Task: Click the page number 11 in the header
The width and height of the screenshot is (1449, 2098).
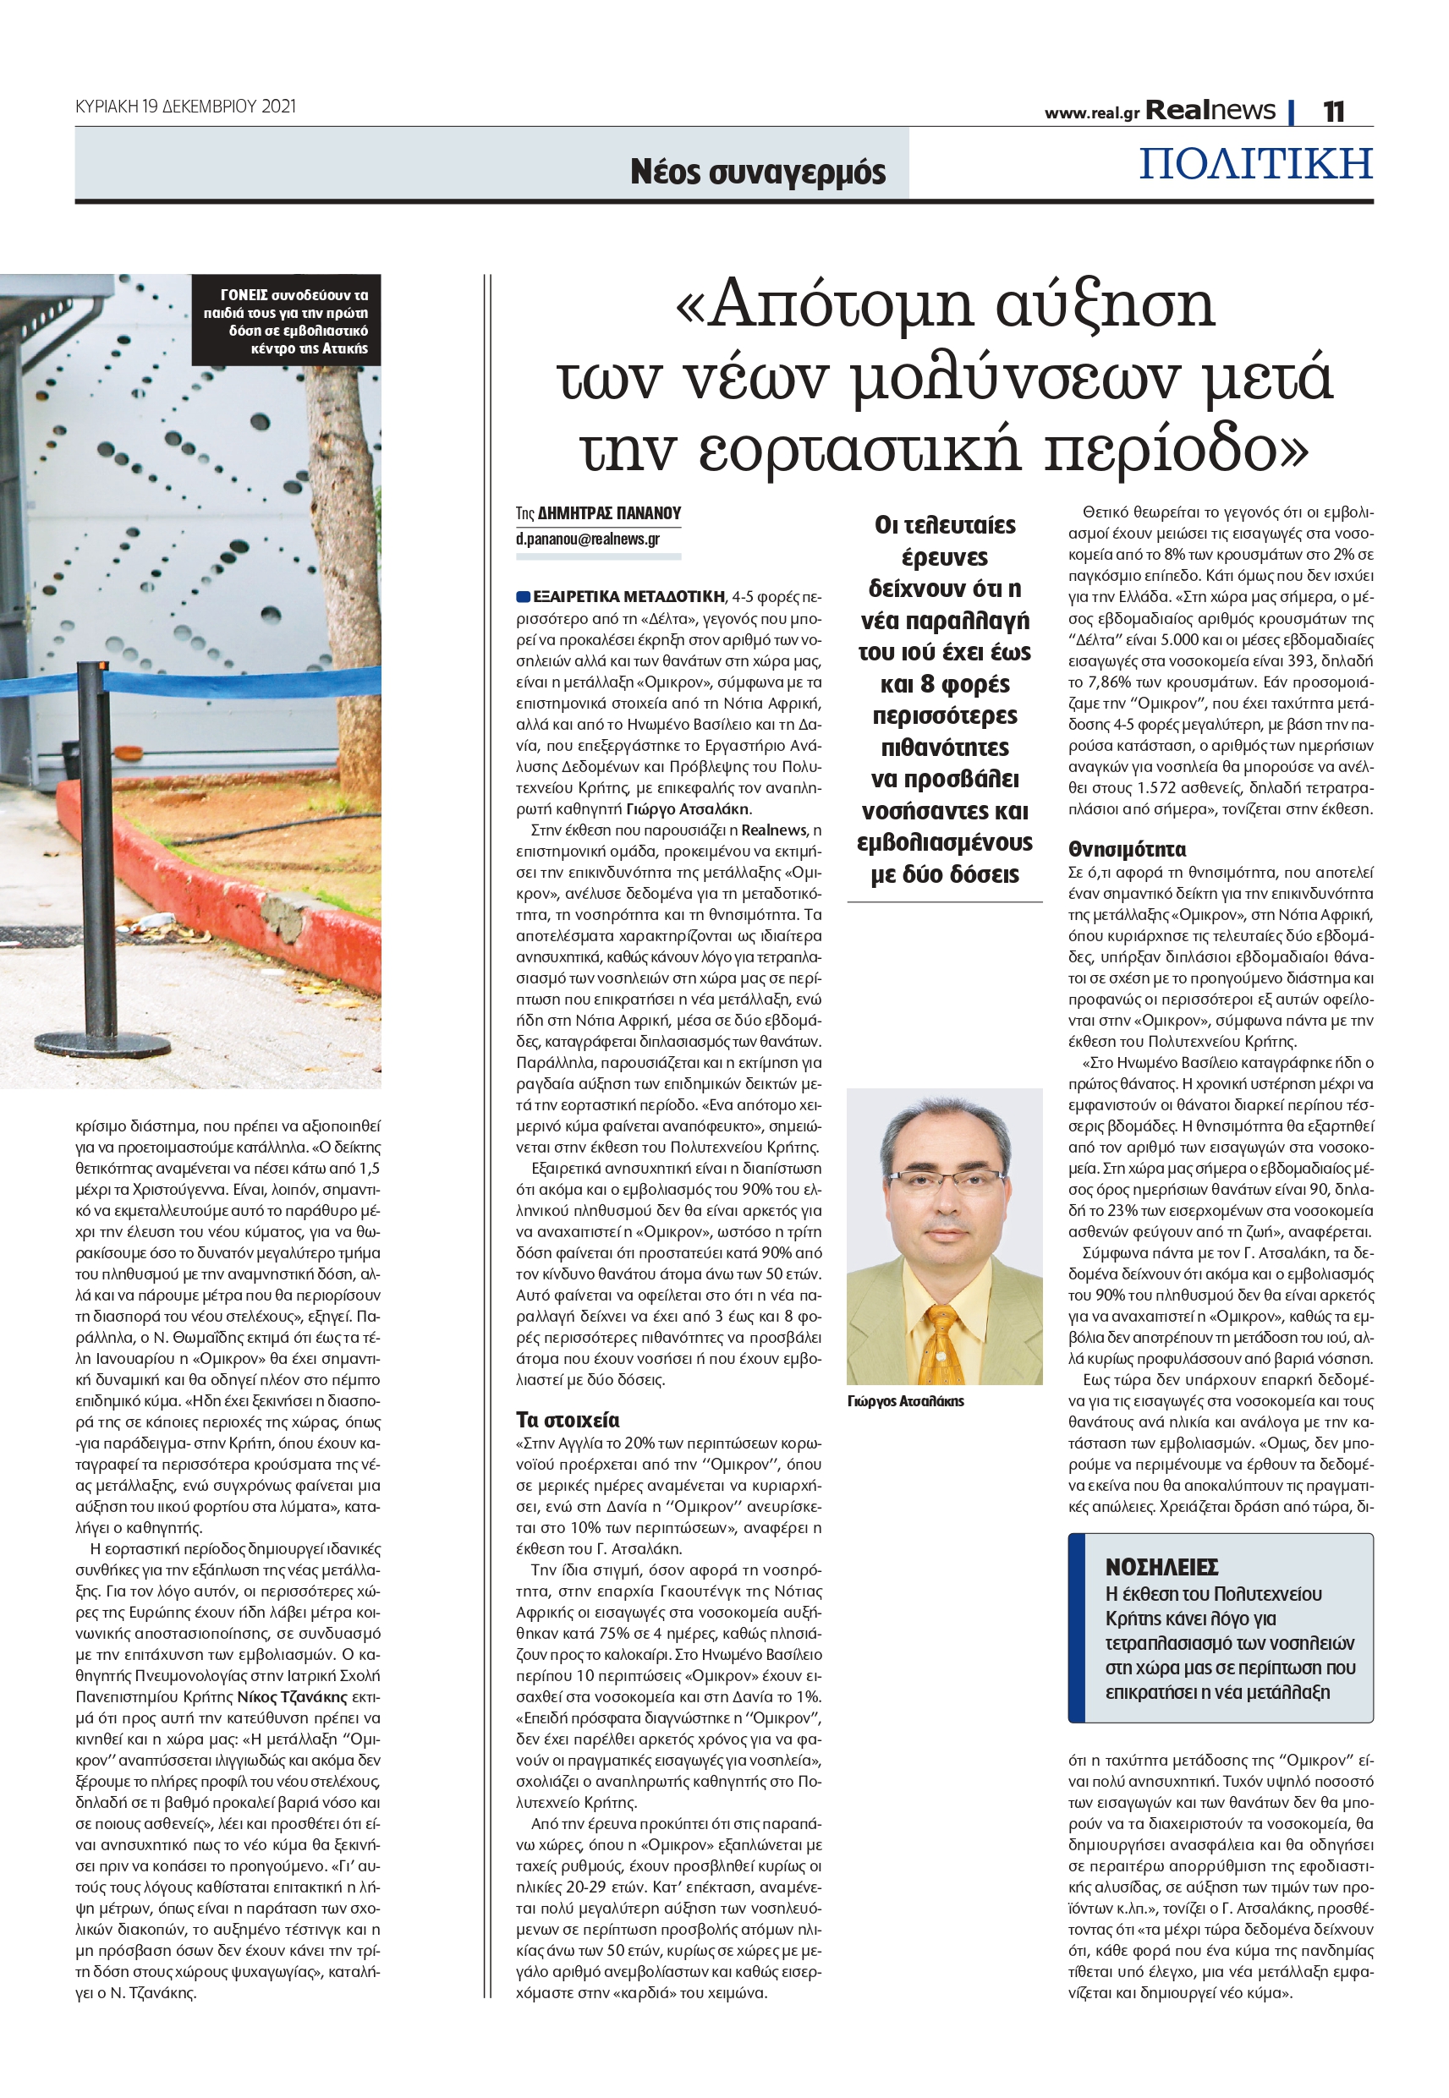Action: coord(1333,112)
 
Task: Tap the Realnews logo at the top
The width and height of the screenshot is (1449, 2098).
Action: coord(1210,111)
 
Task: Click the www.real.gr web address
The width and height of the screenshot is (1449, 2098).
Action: coord(1091,113)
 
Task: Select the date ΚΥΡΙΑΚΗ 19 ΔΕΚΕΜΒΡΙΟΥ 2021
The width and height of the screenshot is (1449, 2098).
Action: coord(185,107)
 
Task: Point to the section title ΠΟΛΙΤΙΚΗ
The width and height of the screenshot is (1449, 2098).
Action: coord(1255,164)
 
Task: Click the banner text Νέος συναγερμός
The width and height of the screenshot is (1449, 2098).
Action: coord(758,172)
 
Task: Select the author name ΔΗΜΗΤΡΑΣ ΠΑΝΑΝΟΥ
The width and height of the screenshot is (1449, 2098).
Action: coord(609,513)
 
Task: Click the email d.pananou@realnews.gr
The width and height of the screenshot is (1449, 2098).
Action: coord(587,539)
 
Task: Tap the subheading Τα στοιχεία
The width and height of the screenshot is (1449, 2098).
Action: coord(568,1420)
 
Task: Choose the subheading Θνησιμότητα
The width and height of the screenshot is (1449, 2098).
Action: coord(1127,849)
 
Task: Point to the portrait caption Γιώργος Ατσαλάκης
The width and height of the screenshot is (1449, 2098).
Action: coord(905,1401)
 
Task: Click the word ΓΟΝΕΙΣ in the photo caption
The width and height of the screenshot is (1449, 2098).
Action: coord(244,295)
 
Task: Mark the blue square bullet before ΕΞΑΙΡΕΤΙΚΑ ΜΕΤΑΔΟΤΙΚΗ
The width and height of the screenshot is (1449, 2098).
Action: coord(523,597)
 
